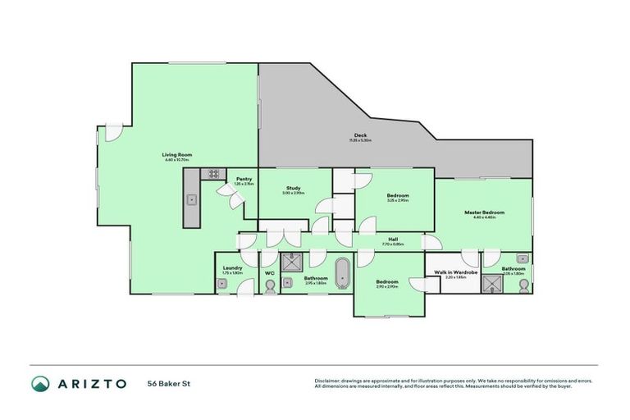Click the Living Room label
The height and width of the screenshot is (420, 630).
pyautogui.click(x=176, y=154)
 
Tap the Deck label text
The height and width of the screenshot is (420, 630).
pyautogui.click(x=360, y=135)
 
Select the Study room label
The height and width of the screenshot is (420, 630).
pyautogui.click(x=294, y=188)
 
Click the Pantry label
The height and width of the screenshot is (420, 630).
pyautogui.click(x=244, y=179)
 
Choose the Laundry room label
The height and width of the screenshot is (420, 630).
pyautogui.click(x=232, y=268)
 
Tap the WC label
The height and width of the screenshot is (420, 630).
pyautogui.click(x=269, y=272)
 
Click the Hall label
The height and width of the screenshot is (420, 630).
pyautogui.click(x=393, y=239)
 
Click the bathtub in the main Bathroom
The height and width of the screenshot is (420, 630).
pyautogui.click(x=342, y=273)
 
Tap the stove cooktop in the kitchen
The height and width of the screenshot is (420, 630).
pyautogui.click(x=213, y=174)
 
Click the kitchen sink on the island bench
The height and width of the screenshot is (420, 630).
pyautogui.click(x=191, y=199)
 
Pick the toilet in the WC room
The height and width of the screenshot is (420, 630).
pyautogui.click(x=270, y=285)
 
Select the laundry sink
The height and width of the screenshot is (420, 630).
pyautogui.click(x=221, y=284)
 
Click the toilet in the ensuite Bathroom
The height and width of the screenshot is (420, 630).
pyautogui.click(x=523, y=285)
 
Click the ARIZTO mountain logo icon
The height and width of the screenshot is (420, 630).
pyautogui.click(x=40, y=383)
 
